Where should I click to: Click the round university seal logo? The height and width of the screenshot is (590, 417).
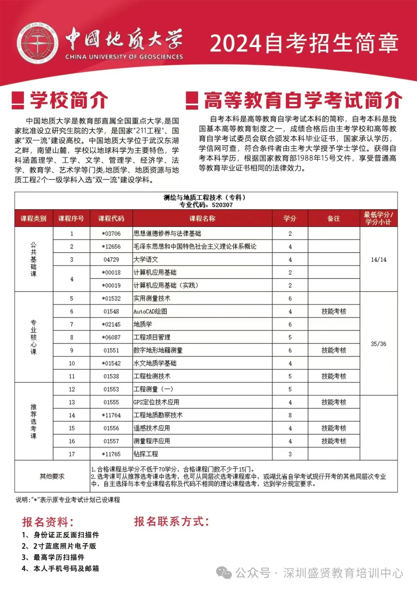37,43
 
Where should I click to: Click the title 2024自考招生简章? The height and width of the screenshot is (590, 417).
304,43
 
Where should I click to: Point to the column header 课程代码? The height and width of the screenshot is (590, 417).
111,219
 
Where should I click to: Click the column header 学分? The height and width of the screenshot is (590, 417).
290,219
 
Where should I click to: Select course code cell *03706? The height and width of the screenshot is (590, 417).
111,234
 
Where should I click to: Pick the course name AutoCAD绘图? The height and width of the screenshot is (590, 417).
150,311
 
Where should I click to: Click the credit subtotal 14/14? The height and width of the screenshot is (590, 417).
378,259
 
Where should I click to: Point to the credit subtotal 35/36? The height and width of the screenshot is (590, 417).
378,344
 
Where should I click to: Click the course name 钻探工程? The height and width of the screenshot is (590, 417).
146,454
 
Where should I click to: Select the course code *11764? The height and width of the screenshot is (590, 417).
111,415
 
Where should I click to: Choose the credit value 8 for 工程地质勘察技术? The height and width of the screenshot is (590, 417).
290,415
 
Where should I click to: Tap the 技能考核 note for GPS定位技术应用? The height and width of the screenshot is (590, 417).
334,402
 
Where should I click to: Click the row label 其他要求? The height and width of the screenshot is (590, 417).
52,476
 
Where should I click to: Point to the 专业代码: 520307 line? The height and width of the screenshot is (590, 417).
206,205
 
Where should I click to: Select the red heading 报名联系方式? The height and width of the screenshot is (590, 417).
171,522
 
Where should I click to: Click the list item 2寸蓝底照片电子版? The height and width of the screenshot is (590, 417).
64,546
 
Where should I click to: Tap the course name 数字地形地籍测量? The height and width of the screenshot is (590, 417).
158,350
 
